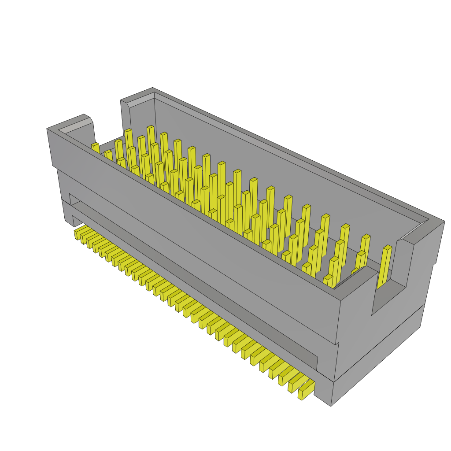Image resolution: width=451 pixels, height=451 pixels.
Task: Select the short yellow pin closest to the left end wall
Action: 95,147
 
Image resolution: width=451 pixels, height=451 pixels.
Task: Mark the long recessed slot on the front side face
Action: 194,282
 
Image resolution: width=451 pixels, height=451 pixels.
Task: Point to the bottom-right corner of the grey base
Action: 331,405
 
